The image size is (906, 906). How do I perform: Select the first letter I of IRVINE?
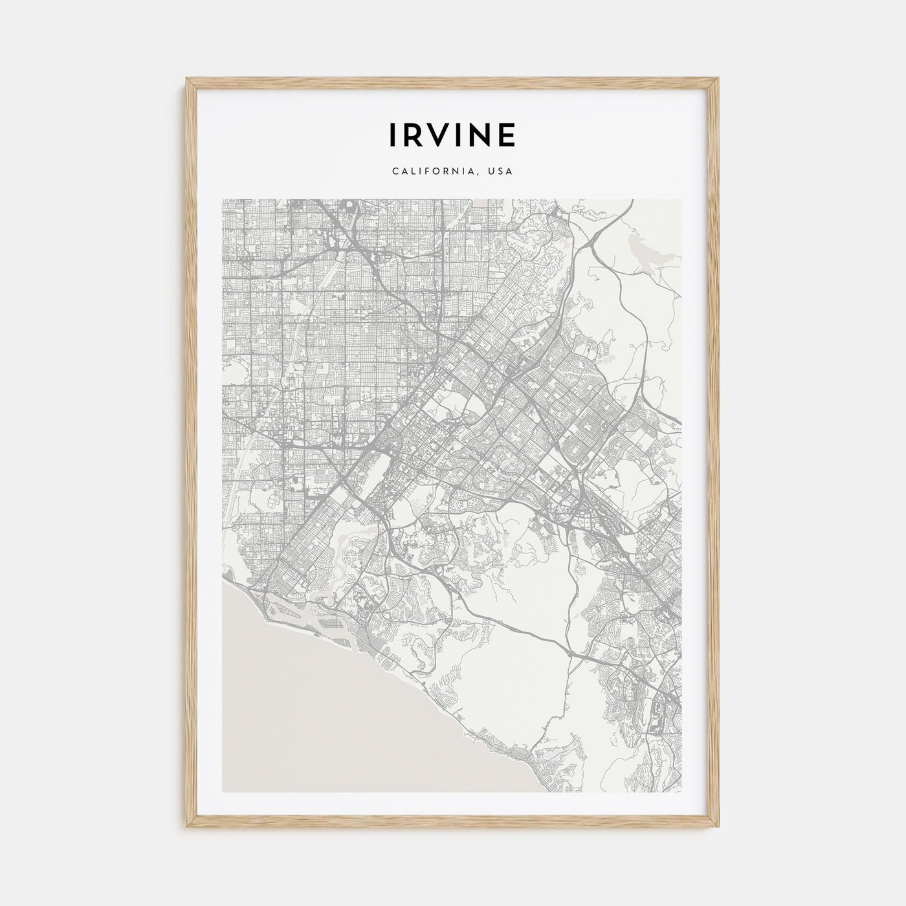click(x=394, y=134)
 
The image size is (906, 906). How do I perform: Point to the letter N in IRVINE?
click(x=481, y=134)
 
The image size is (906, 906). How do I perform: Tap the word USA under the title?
click(x=501, y=172)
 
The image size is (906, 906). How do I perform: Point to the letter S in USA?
click(x=501, y=172)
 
